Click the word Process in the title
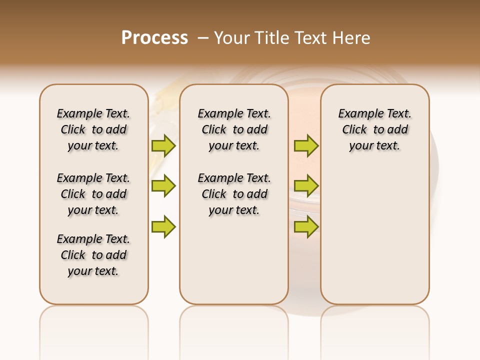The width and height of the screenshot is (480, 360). [154, 38]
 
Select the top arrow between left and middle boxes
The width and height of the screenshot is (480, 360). [163, 145]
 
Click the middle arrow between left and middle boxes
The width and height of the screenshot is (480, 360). [163, 186]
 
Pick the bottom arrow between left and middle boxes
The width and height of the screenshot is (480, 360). [163, 226]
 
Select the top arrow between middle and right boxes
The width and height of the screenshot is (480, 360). [306, 145]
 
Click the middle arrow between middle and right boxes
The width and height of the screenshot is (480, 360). [306, 186]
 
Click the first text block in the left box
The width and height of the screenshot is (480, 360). [93, 129]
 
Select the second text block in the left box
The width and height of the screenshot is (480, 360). [93, 194]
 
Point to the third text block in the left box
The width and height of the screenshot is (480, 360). [93, 255]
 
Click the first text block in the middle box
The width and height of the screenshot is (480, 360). [234, 129]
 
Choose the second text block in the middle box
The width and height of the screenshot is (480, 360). [234, 194]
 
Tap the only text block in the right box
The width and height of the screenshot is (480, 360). [375, 129]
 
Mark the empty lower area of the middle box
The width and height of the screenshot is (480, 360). [234, 260]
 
